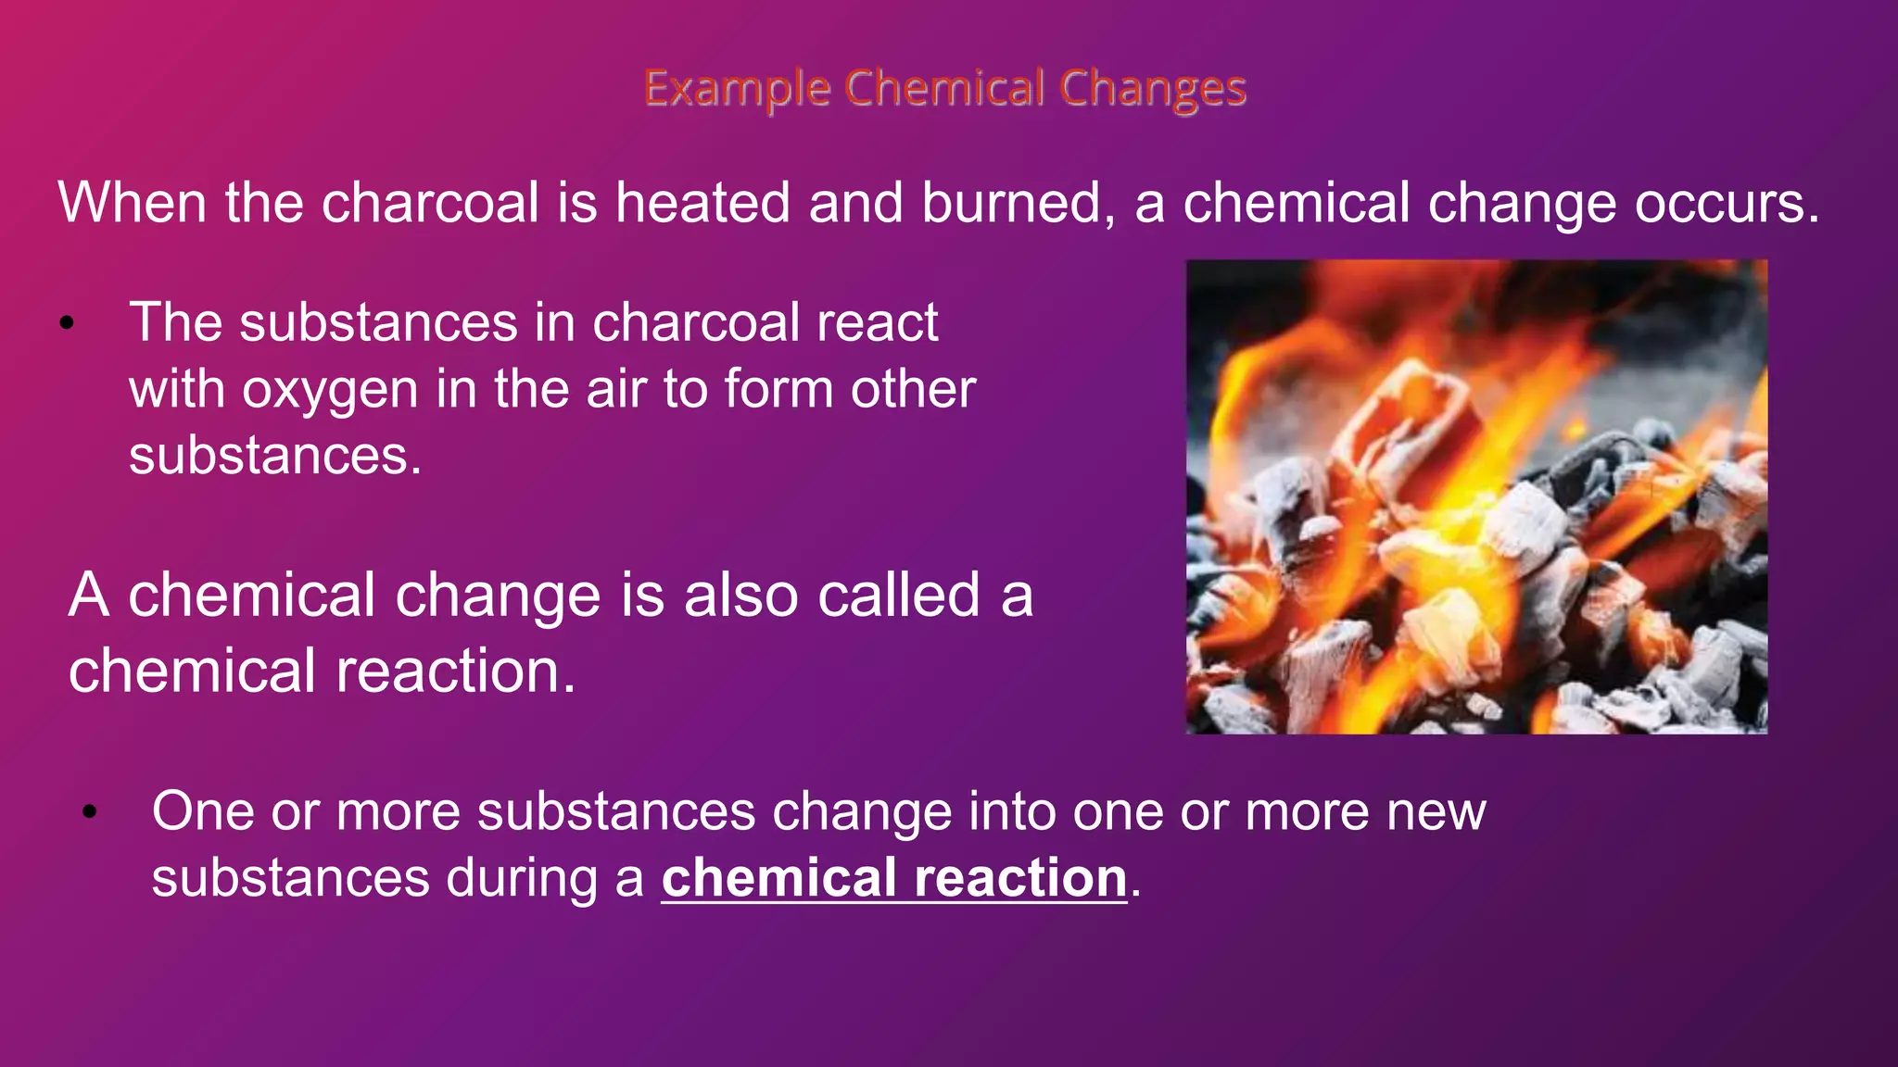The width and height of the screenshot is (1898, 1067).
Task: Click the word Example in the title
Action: (x=737, y=90)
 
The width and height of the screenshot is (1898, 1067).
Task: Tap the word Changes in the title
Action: (x=1153, y=90)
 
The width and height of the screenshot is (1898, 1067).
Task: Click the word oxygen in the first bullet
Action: (x=330, y=390)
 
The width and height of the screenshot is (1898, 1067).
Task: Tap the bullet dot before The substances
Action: (x=66, y=324)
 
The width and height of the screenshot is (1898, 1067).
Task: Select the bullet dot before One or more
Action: (x=89, y=812)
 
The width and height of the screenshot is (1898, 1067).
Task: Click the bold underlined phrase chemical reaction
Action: (x=893, y=878)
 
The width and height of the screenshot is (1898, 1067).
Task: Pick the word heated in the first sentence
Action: (x=702, y=203)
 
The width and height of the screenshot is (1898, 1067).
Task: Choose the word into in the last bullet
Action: (x=1011, y=811)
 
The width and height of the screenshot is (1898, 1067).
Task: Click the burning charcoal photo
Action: (x=1476, y=497)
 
